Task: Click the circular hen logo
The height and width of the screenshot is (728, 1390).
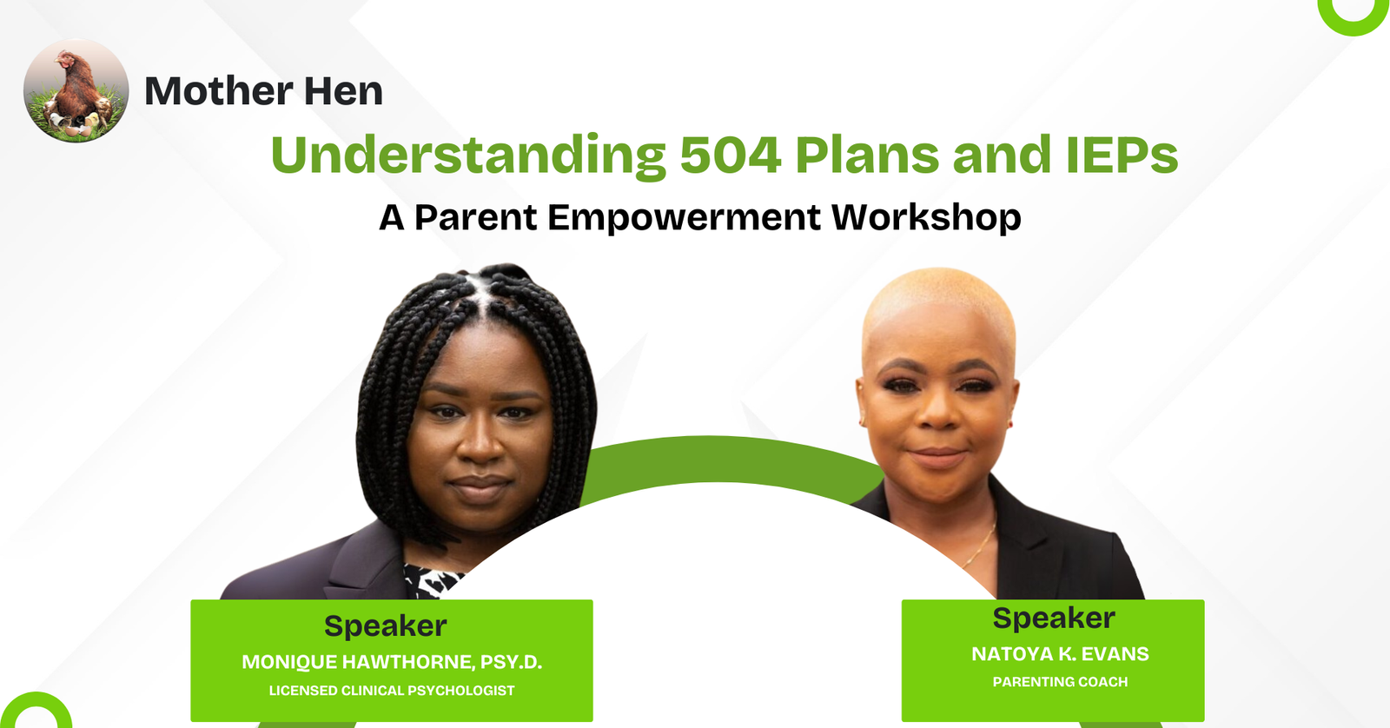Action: [x=76, y=91]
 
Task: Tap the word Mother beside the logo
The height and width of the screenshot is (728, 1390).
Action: [x=218, y=90]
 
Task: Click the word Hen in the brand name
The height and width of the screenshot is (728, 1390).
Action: [x=343, y=90]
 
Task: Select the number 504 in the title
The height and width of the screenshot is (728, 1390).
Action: [x=731, y=155]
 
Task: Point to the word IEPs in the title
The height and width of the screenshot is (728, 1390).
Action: [x=1122, y=155]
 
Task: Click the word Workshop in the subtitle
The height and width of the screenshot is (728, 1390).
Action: [x=926, y=218]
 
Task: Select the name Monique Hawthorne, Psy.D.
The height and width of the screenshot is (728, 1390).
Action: [x=392, y=662]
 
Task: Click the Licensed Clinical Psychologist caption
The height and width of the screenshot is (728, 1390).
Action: [x=392, y=690]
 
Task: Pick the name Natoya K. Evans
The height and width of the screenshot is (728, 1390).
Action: [x=1060, y=653]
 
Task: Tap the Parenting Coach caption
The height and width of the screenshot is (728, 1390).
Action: [x=1060, y=681]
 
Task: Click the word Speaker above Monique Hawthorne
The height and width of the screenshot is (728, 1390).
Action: [x=386, y=625]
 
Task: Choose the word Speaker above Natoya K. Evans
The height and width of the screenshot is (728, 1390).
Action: [x=1054, y=619]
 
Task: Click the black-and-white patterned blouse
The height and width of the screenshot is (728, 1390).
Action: [x=431, y=580]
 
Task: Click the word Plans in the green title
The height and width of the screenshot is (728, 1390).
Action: [x=867, y=155]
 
